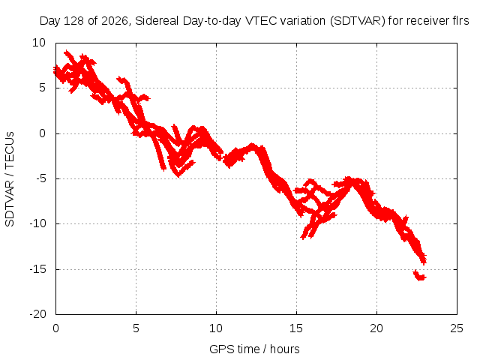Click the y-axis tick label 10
(39, 43)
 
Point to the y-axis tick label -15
(37, 269)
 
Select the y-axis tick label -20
(37, 314)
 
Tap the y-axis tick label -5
(40, 178)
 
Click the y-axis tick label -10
(37, 223)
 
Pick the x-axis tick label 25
(457, 328)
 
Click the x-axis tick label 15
(296, 328)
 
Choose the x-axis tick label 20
(376, 328)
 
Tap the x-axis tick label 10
(216, 328)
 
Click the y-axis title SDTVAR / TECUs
(10, 179)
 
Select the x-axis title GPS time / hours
(254, 349)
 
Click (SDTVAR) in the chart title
(357, 21)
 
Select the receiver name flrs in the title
(460, 21)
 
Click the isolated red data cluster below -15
(420, 275)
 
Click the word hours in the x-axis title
(285, 349)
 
